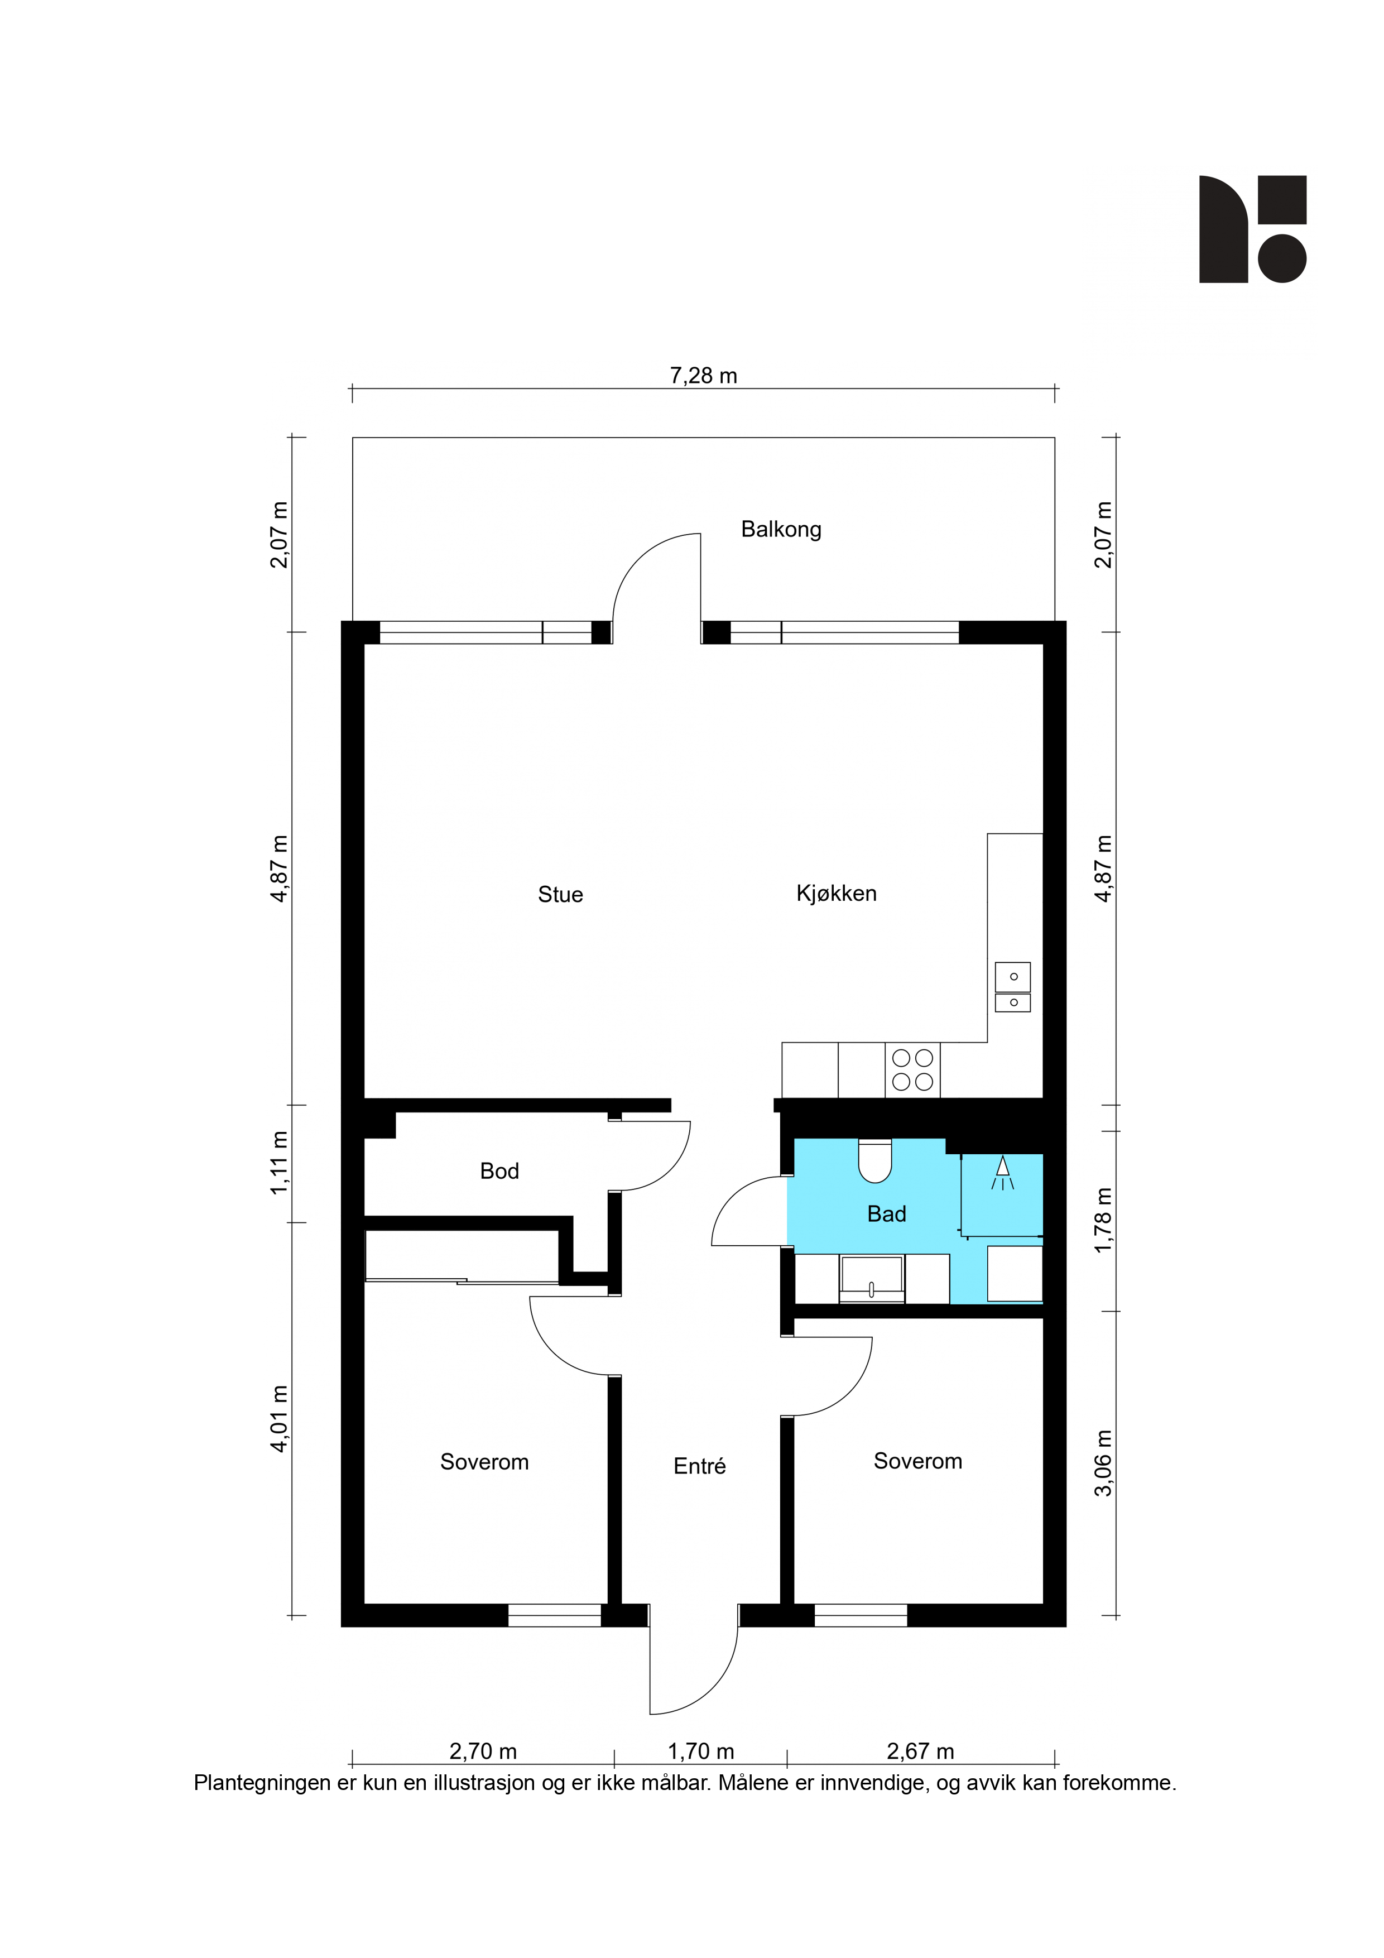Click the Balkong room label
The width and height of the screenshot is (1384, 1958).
781,530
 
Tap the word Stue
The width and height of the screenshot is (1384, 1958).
560,895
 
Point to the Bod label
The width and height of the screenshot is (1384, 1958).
499,1171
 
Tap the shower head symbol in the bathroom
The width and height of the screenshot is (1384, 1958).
1003,1172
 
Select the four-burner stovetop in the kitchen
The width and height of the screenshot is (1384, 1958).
912,1069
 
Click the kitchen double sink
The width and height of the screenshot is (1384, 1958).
1012,987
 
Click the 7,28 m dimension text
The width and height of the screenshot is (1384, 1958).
704,376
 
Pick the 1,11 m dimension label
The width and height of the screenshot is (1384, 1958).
280,1163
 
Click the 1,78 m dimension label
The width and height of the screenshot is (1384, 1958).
1103,1220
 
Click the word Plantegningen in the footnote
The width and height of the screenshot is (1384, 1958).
263,1783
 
